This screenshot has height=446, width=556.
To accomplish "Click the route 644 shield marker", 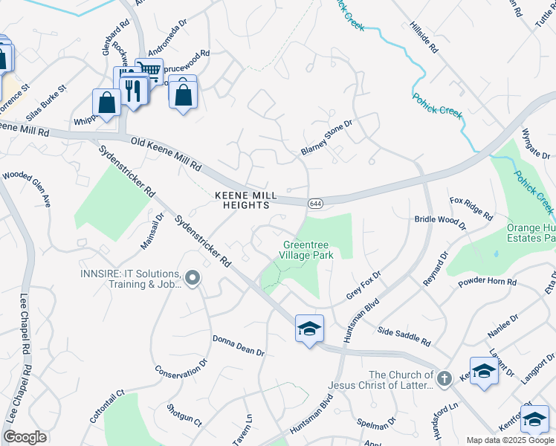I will [315, 202].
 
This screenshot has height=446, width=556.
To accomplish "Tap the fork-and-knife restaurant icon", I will [133, 90].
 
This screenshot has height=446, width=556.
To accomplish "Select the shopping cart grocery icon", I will [149, 71].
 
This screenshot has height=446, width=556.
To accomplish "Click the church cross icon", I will [444, 380].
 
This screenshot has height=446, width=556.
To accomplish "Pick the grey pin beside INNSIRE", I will [193, 279].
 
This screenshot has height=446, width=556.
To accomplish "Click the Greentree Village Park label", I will [306, 250].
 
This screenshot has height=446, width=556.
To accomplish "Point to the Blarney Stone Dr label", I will [326, 138].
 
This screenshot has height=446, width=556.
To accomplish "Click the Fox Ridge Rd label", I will [471, 209].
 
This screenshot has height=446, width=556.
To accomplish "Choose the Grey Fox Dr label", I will [363, 285].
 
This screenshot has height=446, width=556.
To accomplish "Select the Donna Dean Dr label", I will [239, 346].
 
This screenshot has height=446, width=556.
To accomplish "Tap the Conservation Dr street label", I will [181, 369].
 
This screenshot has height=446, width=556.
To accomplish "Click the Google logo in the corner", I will [25, 436].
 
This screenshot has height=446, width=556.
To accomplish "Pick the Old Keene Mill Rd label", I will [166, 152].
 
